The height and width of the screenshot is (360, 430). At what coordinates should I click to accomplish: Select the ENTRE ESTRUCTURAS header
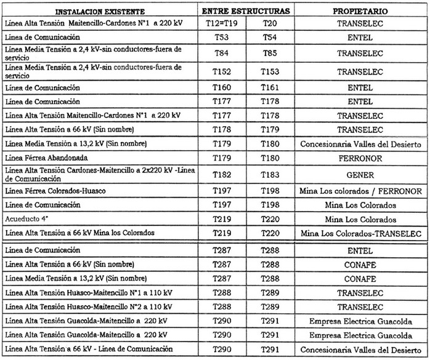[x=246, y=11]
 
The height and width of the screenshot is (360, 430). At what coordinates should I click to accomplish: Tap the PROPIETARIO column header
[x=360, y=12]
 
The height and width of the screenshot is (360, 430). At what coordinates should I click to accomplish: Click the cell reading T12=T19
[x=222, y=23]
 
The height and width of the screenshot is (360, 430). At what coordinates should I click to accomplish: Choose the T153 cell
[x=270, y=71]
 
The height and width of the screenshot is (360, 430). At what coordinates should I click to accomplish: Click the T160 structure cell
[x=222, y=88]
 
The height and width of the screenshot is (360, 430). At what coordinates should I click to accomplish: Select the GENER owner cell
[x=360, y=175]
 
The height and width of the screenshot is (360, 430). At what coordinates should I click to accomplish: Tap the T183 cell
[x=270, y=175]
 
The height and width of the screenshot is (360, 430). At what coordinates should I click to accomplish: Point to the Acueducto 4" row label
[x=28, y=218]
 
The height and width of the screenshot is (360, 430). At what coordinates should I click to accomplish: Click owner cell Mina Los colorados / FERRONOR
[x=360, y=191]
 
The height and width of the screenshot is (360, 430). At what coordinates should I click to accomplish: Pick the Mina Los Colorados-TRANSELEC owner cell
[x=360, y=234]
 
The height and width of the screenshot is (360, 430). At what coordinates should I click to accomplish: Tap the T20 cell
[x=270, y=23]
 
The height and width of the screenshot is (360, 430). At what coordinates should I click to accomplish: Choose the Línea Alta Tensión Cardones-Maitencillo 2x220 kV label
[x=99, y=174]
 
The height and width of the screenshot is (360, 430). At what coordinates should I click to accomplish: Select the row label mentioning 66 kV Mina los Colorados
[x=79, y=233]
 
